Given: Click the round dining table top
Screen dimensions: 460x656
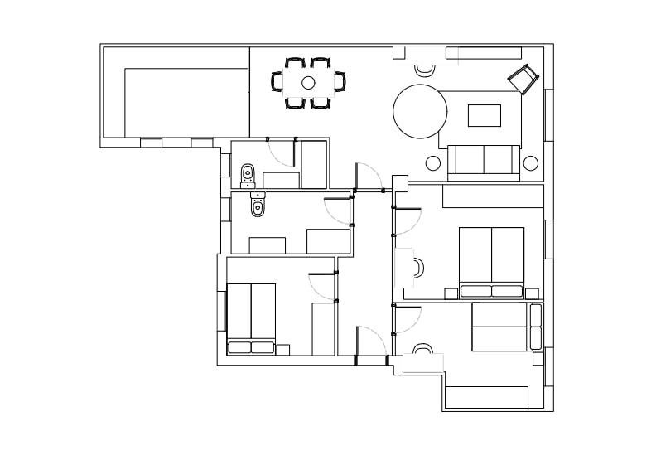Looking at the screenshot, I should (308, 82).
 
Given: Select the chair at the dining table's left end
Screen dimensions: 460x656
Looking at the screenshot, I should (277, 82).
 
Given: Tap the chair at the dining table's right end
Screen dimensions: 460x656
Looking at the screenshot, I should (340, 82).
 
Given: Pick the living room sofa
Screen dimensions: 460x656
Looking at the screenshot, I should (485, 161).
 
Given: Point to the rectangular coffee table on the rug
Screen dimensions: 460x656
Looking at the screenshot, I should (485, 115).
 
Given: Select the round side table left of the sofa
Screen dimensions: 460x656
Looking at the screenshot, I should (433, 162).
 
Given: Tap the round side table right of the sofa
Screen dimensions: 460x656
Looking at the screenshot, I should (531, 162).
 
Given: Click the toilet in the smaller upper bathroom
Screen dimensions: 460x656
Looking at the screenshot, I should (247, 175).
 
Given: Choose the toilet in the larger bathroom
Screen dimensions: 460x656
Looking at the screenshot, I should (258, 206).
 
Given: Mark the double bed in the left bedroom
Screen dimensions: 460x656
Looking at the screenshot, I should (251, 318).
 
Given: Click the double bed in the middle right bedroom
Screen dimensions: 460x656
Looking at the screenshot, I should (491, 261).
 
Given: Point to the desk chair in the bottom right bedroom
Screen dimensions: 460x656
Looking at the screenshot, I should (423, 351).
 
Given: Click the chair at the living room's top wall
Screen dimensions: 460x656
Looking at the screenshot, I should (425, 70).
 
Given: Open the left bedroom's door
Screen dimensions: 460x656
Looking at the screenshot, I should (322, 287).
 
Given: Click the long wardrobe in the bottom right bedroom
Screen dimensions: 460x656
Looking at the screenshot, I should (486, 398).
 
